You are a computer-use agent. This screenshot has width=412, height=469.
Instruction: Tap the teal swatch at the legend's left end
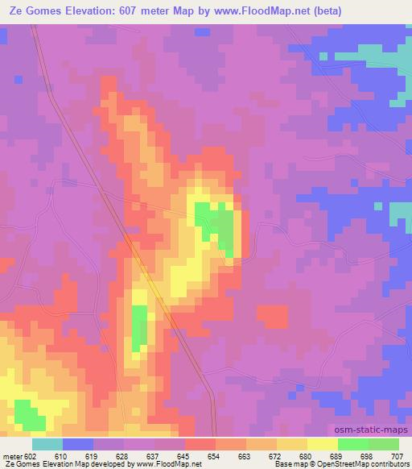(47, 444)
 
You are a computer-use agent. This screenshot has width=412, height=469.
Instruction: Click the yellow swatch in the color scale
(323, 444)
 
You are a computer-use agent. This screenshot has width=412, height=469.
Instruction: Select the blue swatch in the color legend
(78, 444)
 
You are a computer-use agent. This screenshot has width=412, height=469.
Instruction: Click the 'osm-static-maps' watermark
(377, 431)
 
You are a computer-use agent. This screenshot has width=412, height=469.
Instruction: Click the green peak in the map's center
(216, 225)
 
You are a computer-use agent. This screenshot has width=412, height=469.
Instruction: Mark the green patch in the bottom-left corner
(29, 416)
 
